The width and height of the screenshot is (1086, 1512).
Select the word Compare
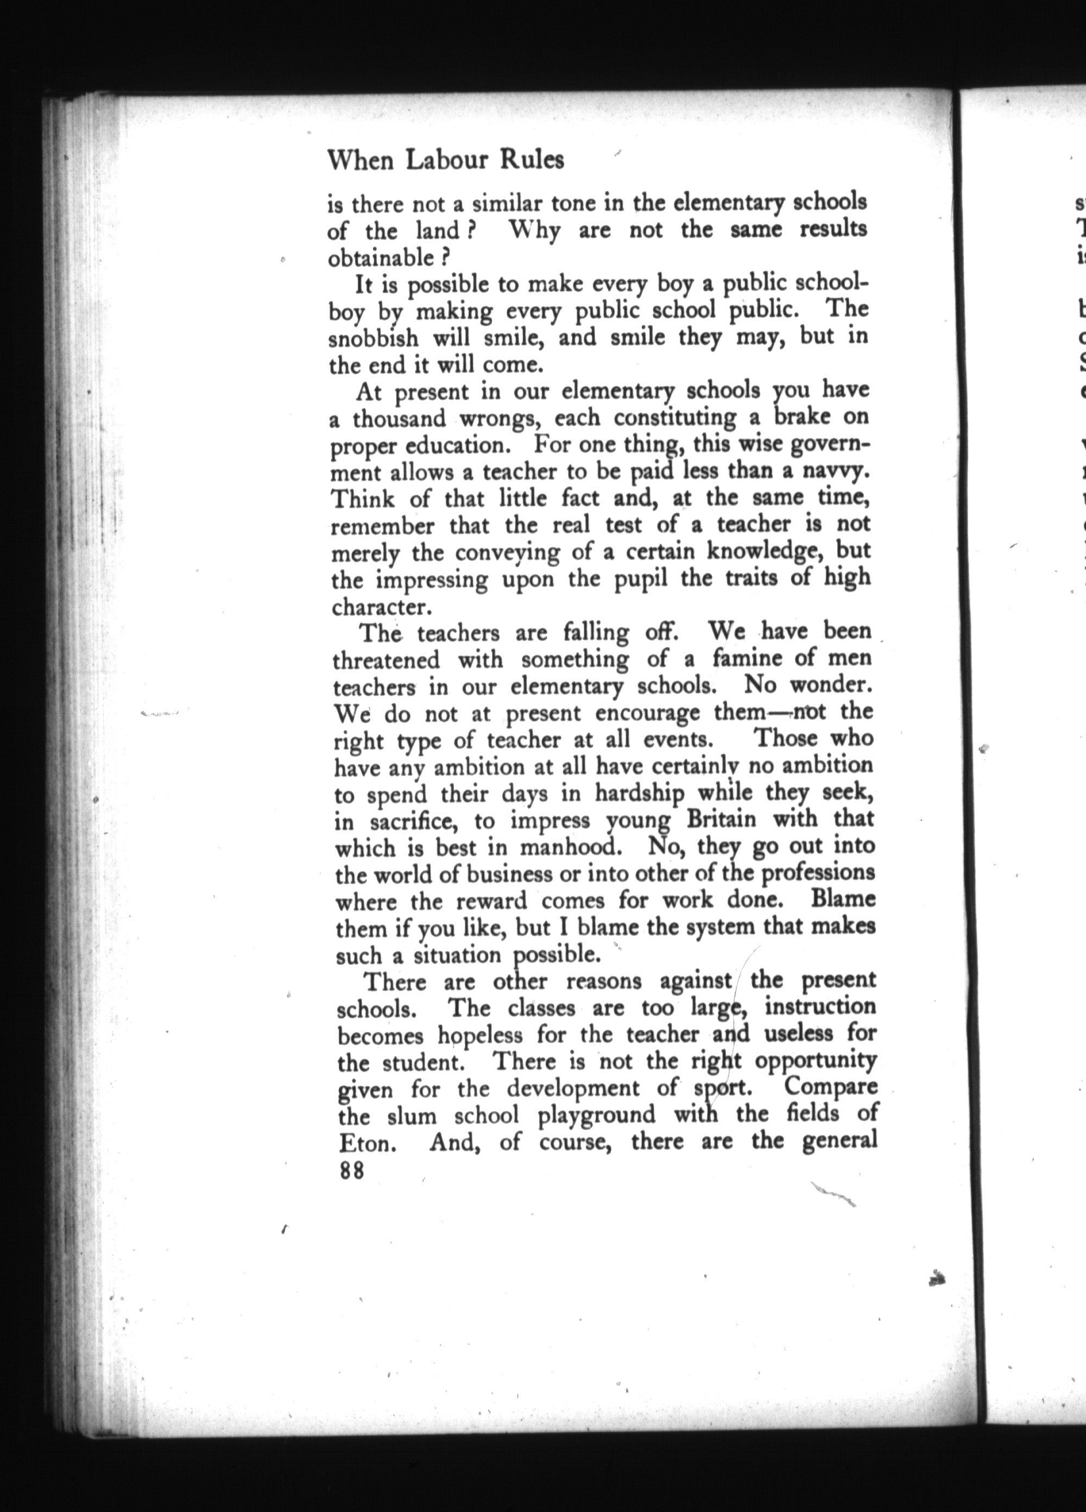coord(831,1087)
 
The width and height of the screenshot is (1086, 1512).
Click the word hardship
coord(639,793)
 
